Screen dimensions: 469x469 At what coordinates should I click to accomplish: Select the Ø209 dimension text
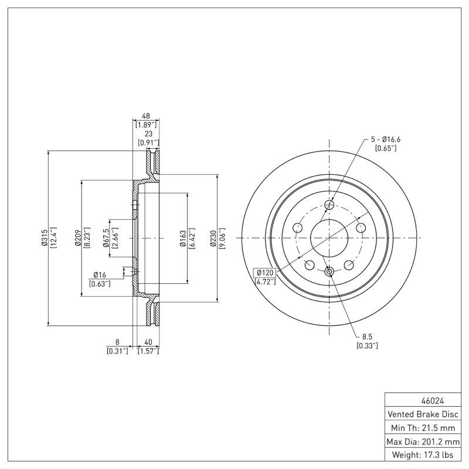coord(78,237)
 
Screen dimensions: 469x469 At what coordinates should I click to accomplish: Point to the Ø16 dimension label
coord(99,275)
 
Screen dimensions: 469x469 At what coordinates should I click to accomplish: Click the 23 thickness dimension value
coord(148,134)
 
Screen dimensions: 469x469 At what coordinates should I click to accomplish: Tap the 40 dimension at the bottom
coord(148,342)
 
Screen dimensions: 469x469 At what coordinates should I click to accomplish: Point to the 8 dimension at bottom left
coord(117,342)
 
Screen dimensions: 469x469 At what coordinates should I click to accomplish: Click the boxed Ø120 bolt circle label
coord(264,273)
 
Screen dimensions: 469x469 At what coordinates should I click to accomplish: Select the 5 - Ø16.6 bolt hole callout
coord(385,139)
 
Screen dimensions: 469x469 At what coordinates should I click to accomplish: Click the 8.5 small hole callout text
coord(367,337)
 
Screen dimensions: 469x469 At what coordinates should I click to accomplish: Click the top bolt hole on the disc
coord(329,205)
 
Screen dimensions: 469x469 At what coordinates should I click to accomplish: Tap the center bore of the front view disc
coord(329,238)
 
